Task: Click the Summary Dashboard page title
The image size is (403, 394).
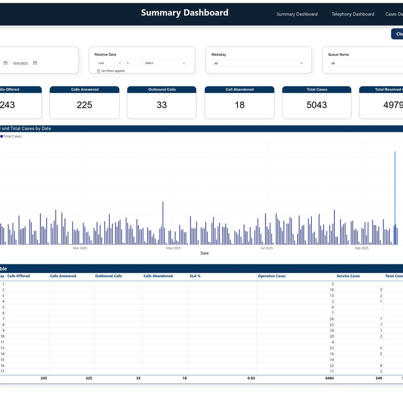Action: [x=184, y=13]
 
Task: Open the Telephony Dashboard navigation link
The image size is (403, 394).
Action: [x=353, y=14]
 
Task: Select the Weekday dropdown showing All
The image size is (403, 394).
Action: [x=258, y=63]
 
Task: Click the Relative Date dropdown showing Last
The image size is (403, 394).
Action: [x=109, y=63]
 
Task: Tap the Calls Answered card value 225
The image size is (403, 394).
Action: [x=84, y=105]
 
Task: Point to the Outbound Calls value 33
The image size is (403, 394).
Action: [x=162, y=105]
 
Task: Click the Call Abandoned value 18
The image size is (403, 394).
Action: [x=239, y=105]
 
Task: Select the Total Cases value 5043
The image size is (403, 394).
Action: [x=316, y=105]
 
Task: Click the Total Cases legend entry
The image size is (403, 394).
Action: [x=12, y=136]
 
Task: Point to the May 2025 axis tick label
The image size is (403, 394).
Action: [x=173, y=248]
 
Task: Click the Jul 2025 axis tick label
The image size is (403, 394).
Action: [x=267, y=248]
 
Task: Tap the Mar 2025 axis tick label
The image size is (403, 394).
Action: [x=80, y=248]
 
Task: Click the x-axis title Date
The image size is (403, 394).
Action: [x=205, y=253]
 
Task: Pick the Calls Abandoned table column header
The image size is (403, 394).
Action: [x=158, y=276]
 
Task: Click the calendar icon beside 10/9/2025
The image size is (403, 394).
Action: [x=35, y=63]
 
